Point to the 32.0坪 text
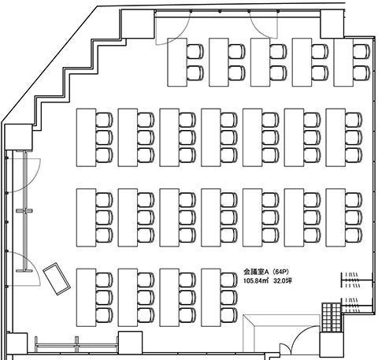[x=283, y=280]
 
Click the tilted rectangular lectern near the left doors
[x=57, y=279]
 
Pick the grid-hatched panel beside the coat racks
[x=332, y=317]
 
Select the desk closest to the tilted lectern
[x=86, y=298]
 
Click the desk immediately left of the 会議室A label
[x=211, y=298]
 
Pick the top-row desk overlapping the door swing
[x=177, y=62]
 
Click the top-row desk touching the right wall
[x=343, y=62]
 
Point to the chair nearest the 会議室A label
[x=229, y=280]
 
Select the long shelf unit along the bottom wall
[x=76, y=344]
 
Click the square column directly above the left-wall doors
[x=18, y=137]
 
